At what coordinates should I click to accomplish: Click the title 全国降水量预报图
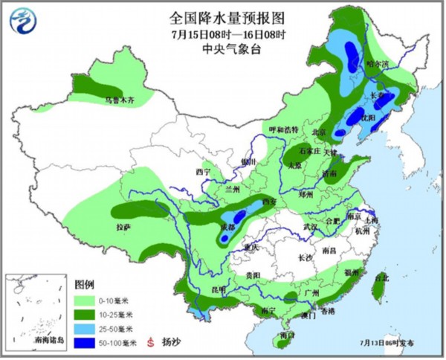click(222, 18)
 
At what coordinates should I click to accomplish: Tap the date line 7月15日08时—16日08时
click(222, 33)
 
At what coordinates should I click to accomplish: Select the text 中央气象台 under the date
click(222, 48)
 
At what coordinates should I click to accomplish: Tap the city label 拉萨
click(124, 225)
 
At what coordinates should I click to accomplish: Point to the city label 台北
click(381, 278)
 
